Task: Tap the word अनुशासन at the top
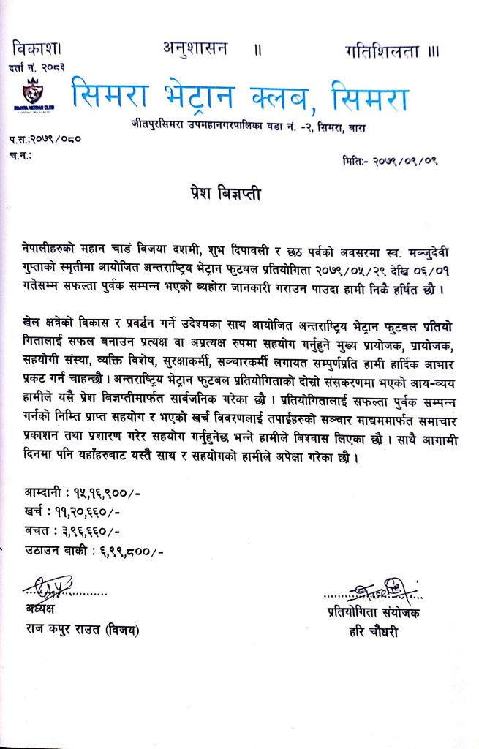[195, 49]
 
